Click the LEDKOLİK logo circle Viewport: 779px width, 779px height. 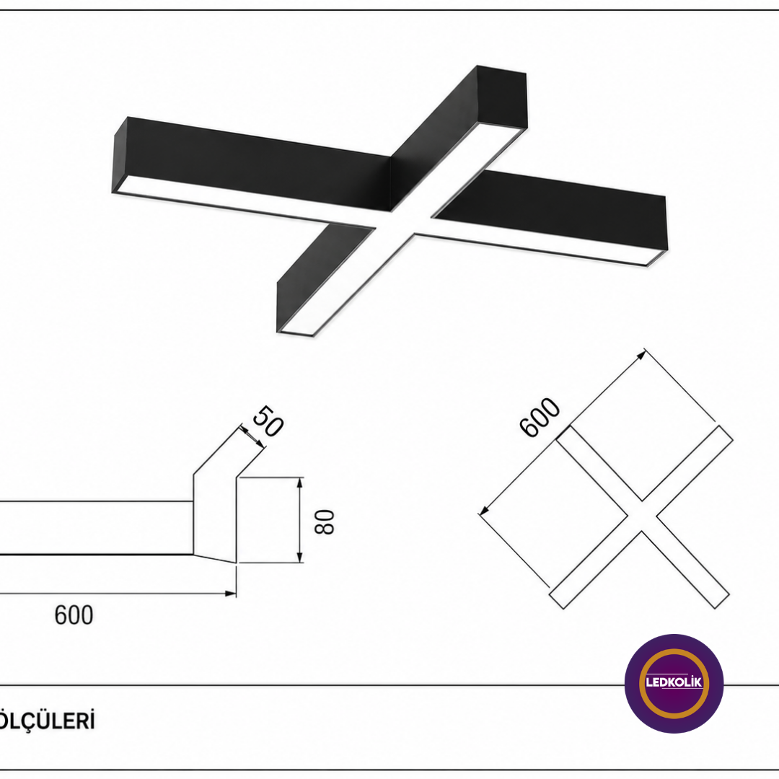coord(674,683)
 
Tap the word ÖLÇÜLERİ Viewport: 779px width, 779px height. coord(46,721)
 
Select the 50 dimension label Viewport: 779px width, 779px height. coord(268,421)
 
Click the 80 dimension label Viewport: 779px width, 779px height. coord(325,521)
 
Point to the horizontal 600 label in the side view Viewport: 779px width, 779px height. coord(74,615)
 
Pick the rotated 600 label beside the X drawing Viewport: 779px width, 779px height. coord(540,418)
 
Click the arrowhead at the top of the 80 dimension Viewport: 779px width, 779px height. coord(299,483)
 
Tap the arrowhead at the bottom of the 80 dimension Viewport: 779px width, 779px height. coord(299,557)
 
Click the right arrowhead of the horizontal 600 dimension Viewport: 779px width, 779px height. coord(230,593)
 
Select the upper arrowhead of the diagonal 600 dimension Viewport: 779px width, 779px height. coord(641,354)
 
